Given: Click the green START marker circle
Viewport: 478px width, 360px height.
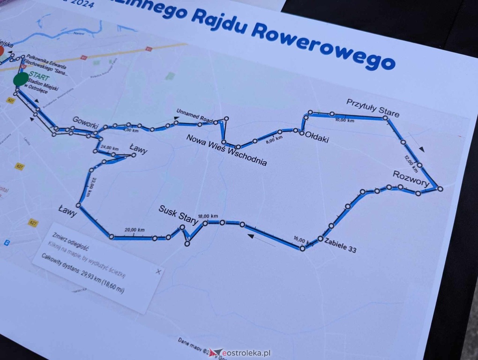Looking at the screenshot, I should [21, 79].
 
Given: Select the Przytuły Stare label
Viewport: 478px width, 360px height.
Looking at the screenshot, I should [373, 107].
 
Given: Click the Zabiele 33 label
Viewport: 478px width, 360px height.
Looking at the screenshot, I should [340, 245].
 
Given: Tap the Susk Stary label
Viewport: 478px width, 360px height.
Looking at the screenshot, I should [178, 214].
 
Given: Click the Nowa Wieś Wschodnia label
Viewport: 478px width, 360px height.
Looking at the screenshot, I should [226, 150].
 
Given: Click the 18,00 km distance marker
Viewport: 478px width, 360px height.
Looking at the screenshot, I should [208, 216].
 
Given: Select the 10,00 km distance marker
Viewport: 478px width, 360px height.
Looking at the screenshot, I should [345, 120].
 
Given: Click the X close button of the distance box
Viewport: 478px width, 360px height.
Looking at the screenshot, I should [159, 271].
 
